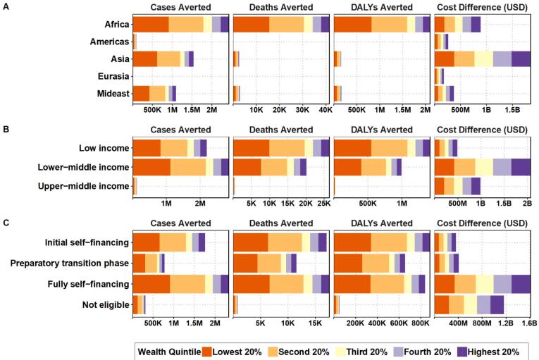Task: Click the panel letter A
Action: tap(6, 6)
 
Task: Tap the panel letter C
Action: tap(6, 223)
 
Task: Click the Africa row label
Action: tap(117, 25)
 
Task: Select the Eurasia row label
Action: tap(113, 76)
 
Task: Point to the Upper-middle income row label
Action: tap(84, 186)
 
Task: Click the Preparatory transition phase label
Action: tap(70, 263)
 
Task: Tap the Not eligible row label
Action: tap(106, 304)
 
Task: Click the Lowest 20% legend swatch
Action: tap(207, 352)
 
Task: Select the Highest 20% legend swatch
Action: tap(462, 352)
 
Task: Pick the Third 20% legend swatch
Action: tap(340, 352)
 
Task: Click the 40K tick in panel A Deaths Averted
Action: tap(326, 110)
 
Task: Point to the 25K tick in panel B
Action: tap(324, 203)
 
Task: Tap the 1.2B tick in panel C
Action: tap(506, 323)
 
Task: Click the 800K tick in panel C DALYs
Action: tap(421, 323)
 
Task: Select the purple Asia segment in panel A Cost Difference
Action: tap(521, 58)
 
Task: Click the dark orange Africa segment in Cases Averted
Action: tap(151, 25)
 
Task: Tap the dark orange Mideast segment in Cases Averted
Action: tap(141, 94)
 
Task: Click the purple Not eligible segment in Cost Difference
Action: tap(497, 304)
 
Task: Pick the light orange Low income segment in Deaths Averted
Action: tap(287, 148)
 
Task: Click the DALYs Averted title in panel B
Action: tap(382, 130)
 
